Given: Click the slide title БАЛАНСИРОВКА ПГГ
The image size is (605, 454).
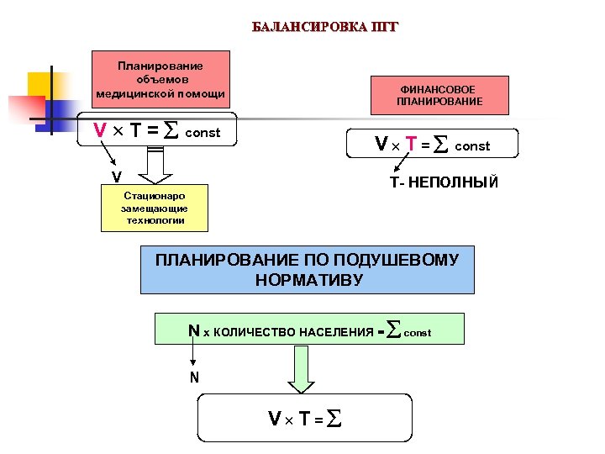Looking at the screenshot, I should tap(324, 26).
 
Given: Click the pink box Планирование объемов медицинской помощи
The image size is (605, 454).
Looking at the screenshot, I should tap(160, 80).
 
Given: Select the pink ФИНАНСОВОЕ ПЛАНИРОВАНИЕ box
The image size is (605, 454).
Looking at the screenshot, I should tap(439, 95).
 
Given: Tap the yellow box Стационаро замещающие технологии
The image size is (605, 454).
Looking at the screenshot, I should tap(154, 208).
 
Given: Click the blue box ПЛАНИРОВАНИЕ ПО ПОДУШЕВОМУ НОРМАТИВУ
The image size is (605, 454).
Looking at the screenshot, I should tap(307, 269).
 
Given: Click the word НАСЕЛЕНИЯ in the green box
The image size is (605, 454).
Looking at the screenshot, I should tap(336, 333).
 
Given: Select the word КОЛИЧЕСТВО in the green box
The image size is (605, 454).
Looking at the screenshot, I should tap(252, 333).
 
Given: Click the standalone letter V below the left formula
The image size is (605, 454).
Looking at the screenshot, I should tap(117, 177).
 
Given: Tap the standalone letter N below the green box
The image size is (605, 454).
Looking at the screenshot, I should tap(194, 377).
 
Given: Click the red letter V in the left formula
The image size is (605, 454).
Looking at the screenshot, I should tap(100, 131).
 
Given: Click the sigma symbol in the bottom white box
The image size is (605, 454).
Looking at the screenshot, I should tap(334, 418).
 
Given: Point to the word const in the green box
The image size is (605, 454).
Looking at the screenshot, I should tap(418, 334).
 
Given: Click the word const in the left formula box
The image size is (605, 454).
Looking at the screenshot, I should tap(203, 133).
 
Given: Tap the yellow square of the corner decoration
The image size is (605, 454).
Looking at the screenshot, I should tap(39, 85).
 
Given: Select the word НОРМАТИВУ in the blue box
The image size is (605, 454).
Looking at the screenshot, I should tap(309, 279).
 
